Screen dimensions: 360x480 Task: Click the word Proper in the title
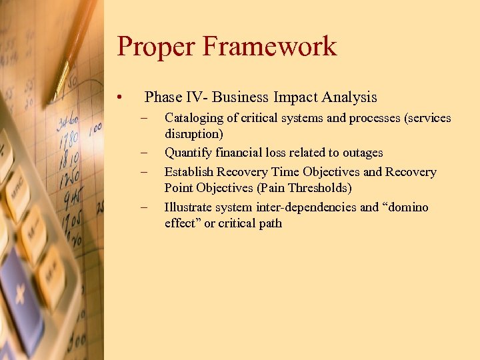point(155,47)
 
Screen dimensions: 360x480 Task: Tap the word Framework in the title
point(269,47)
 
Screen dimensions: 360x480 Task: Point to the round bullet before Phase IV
point(119,98)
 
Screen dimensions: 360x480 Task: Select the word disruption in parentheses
point(193,134)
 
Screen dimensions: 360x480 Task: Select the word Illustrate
point(189,207)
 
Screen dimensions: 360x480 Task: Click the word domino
point(407,207)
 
